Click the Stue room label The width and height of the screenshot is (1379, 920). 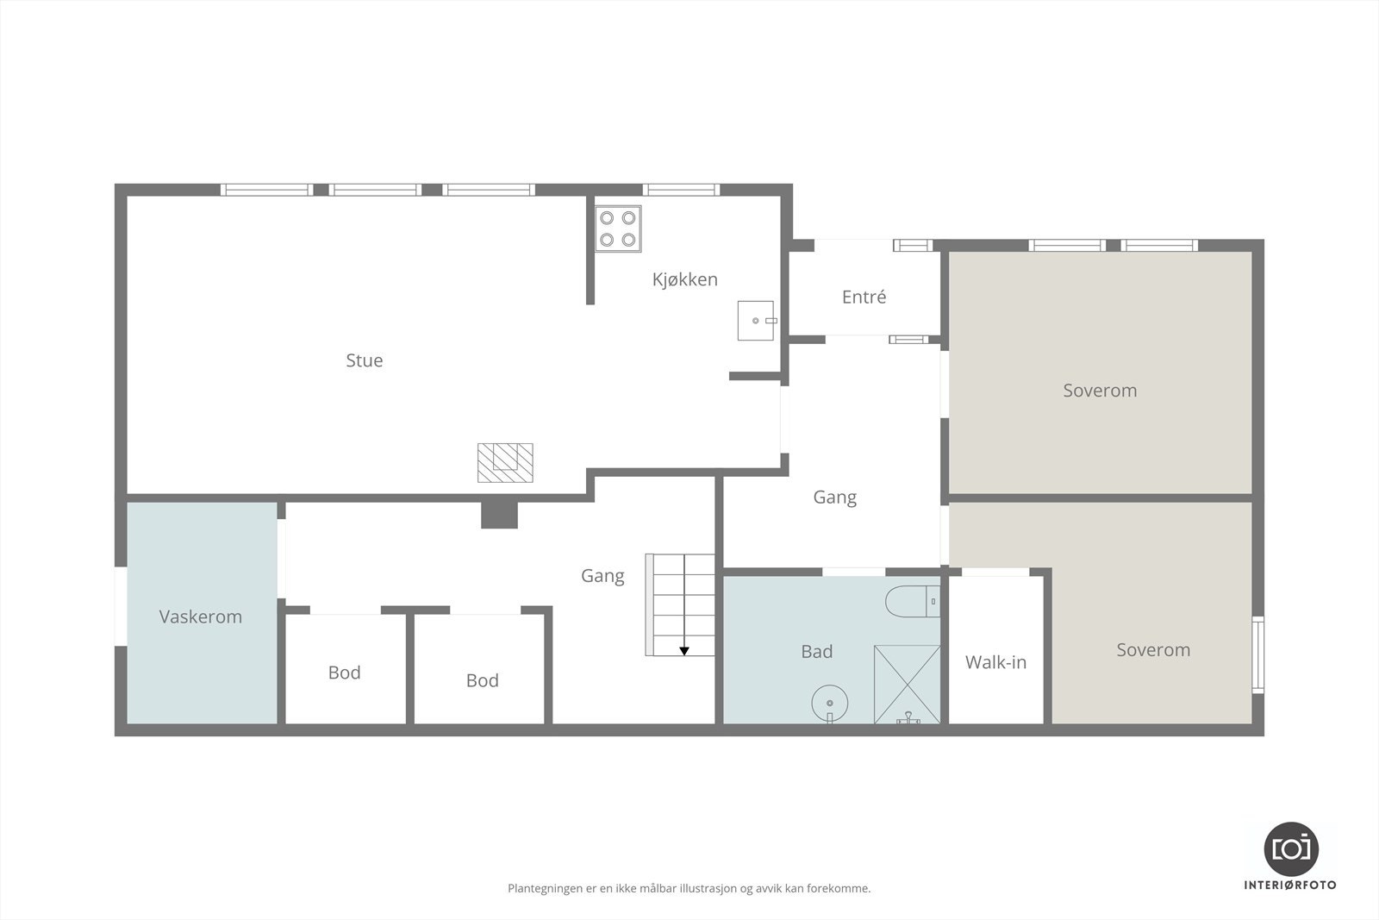click(x=364, y=360)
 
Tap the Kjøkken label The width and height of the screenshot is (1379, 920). click(x=684, y=279)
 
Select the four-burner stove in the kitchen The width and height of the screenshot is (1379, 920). click(x=618, y=228)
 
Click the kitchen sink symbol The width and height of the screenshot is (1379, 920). click(x=756, y=321)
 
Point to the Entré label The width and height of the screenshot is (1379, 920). click(x=864, y=297)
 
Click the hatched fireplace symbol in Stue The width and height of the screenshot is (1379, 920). click(x=505, y=462)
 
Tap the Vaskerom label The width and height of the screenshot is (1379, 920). click(x=200, y=616)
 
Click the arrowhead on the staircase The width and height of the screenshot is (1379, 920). click(x=683, y=651)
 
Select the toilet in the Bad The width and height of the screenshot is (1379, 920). click(x=913, y=601)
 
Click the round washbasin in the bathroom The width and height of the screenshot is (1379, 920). click(x=830, y=702)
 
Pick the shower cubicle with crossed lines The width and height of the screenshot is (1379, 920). click(x=907, y=684)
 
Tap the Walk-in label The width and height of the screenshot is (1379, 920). click(x=995, y=662)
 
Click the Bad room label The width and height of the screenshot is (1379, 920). click(x=816, y=652)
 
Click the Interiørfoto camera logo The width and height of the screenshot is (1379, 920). click(x=1290, y=848)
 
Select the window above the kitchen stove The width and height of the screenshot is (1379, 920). click(x=681, y=190)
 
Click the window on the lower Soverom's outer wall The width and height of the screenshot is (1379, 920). click(x=1257, y=655)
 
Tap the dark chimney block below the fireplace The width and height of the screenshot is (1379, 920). click(x=499, y=515)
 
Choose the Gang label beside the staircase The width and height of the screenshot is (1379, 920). click(x=602, y=575)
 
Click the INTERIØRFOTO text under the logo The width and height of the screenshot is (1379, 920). click(x=1290, y=886)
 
